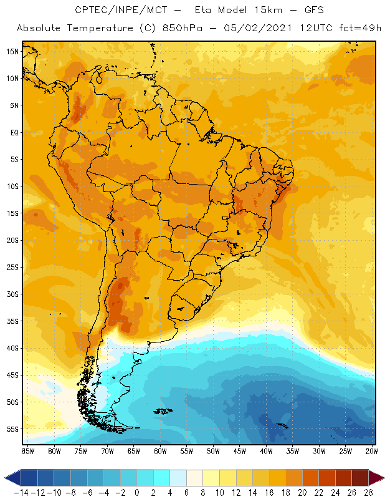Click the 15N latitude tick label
[x=13, y=51]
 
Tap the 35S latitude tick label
[x=13, y=321]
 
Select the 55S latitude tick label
[x=13, y=429]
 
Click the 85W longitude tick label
[x=27, y=450]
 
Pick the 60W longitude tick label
[x=160, y=450]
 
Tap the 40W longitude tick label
[x=267, y=450]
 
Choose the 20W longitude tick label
[x=373, y=450]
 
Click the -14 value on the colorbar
[x=21, y=492]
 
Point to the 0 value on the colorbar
[x=137, y=492]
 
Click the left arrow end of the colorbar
[x=11, y=478]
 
